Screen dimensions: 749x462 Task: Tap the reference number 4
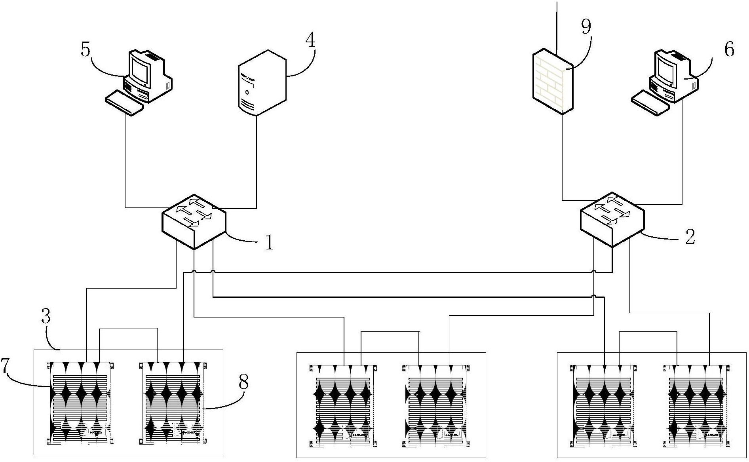coord(311,40)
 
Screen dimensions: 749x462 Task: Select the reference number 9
coord(586,27)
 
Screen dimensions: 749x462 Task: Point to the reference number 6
coord(729,49)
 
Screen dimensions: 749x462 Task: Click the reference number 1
coord(269,242)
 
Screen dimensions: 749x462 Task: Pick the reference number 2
coord(690,236)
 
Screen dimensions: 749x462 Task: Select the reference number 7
coord(5,366)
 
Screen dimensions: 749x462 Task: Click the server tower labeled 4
coord(262,82)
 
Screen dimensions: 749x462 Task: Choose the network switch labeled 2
coord(612,220)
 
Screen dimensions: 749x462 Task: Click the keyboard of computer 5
coord(124,103)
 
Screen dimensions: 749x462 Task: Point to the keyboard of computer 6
coord(650,103)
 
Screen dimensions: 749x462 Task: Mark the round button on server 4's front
coord(247,93)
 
